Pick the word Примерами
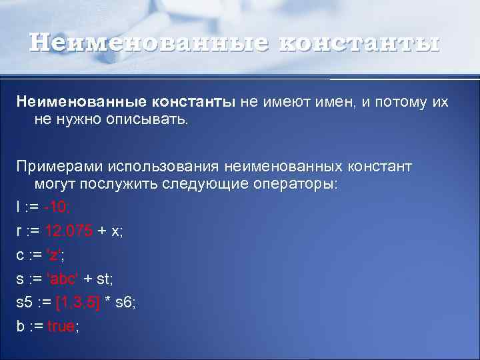tap(56, 165)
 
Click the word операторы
tap(293, 185)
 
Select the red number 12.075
tap(68, 231)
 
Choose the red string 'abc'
tap(62, 279)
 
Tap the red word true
tap(61, 327)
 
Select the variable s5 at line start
tap(25, 303)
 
